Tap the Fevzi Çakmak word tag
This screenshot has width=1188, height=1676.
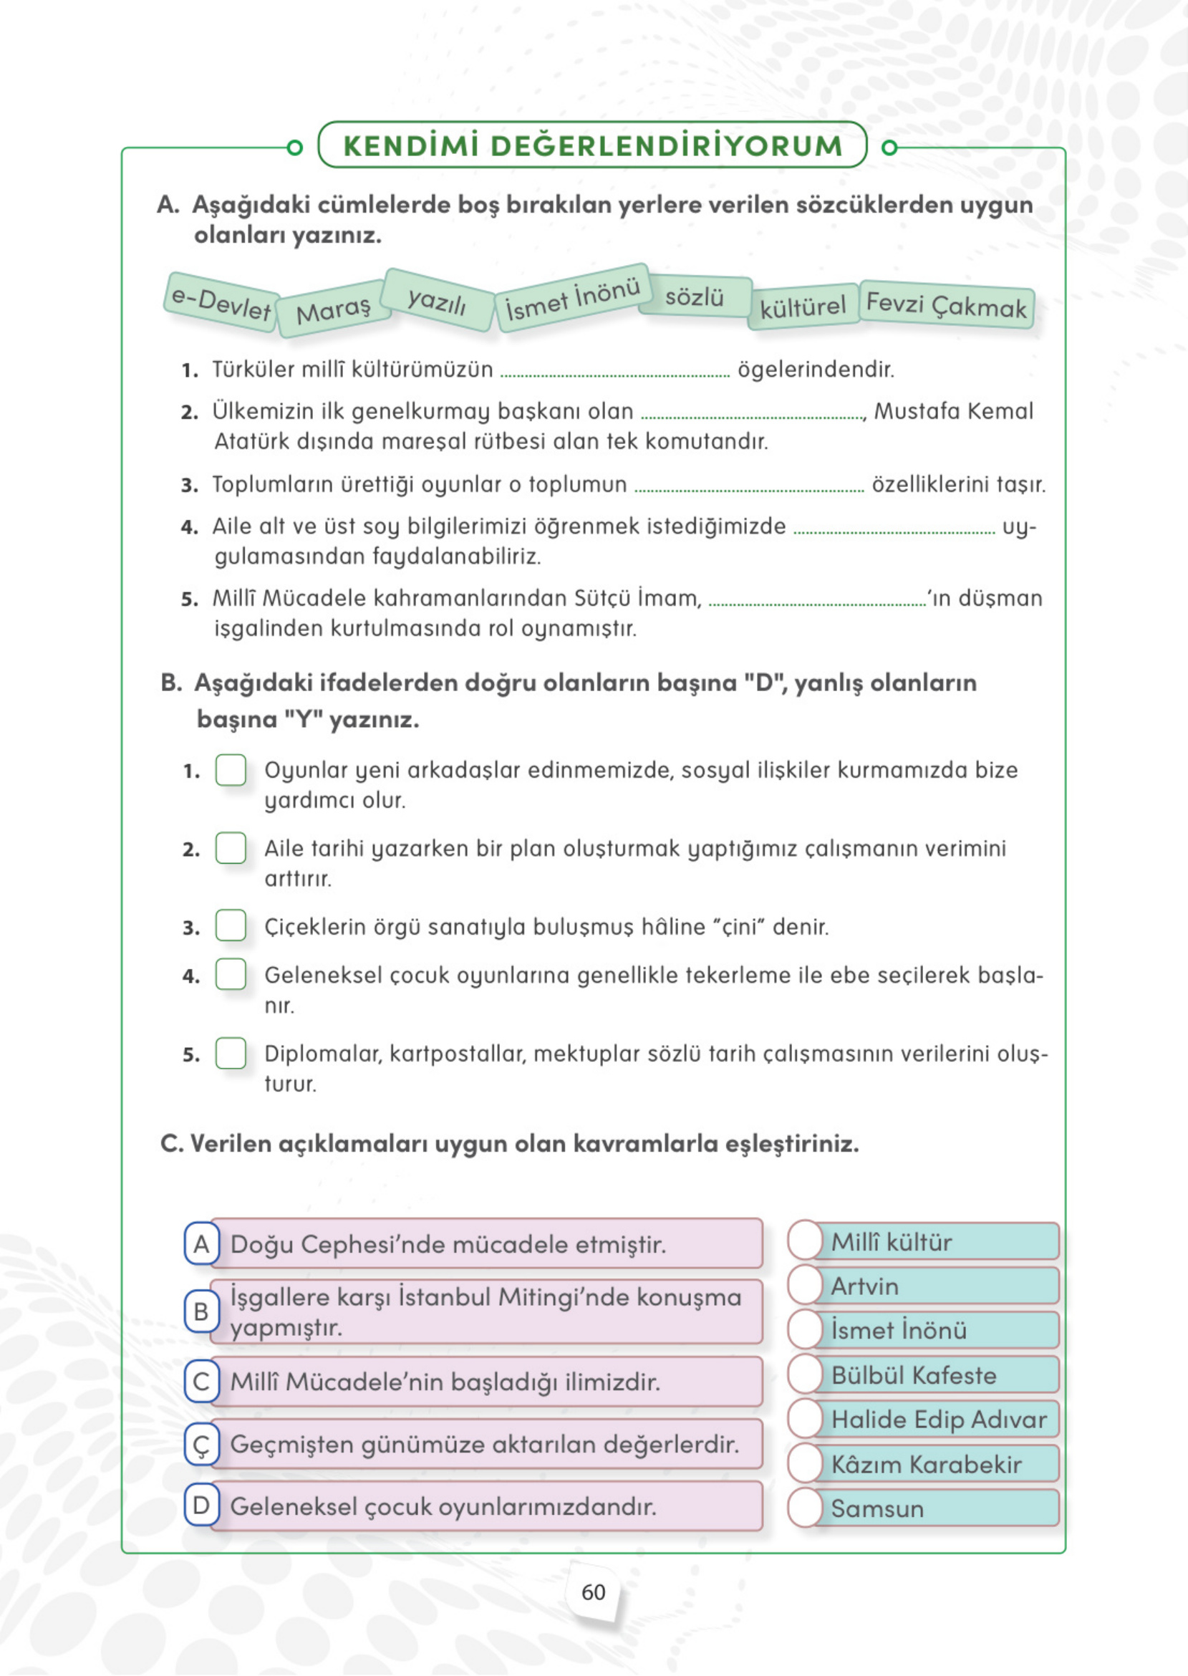pos(946,304)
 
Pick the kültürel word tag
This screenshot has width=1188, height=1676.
pos(803,307)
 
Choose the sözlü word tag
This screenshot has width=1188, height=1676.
pos(694,297)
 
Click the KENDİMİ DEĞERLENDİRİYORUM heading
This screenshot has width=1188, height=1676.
pos(592,145)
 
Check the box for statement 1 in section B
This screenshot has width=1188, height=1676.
pos(231,771)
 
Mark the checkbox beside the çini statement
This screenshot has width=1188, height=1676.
pos(231,925)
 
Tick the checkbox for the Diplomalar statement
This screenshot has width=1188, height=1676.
pos(231,1054)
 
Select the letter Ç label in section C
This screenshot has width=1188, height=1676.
pos(201,1445)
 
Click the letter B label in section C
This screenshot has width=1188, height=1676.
pos(201,1311)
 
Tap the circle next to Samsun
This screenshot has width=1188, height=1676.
pos(806,1508)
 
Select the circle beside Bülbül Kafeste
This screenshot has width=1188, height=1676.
pos(806,1374)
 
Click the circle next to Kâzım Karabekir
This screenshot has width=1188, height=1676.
pos(806,1464)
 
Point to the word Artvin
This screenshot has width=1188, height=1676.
pos(864,1286)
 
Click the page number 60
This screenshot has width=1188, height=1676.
pos(593,1593)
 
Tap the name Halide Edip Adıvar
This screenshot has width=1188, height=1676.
pos(939,1419)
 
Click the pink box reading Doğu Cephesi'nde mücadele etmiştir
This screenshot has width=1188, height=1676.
pos(486,1244)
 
